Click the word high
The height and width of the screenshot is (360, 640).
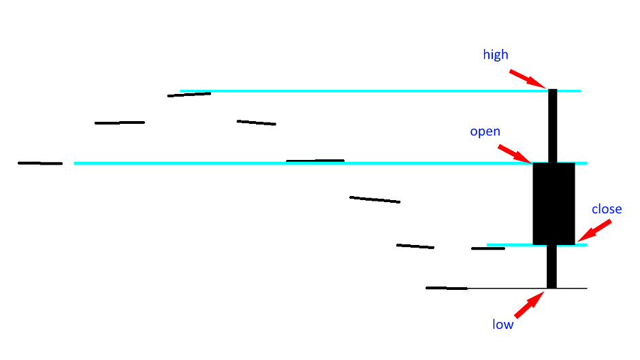496,54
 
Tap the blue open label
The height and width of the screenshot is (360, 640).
485,131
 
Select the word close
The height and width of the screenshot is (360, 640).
607,209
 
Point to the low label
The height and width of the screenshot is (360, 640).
502,325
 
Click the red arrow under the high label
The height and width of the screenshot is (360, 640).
528,79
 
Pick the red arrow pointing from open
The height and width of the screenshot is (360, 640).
515,154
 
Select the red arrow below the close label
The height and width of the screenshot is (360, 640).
594,231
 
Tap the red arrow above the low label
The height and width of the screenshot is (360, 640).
529,304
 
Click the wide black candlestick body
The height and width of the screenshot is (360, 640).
554,203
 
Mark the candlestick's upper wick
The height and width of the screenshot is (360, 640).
552,126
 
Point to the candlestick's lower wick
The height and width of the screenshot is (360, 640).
551,267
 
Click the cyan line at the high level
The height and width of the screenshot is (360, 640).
381,91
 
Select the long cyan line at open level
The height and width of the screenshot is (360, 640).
331,163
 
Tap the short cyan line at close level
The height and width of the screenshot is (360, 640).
537,245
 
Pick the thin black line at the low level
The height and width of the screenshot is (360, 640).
527,288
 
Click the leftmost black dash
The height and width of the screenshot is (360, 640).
40,163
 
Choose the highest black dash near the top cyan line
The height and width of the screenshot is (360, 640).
189,95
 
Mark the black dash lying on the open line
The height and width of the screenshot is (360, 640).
315,161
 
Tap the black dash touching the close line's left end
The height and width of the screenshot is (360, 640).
488,248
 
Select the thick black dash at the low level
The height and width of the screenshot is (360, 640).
447,288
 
